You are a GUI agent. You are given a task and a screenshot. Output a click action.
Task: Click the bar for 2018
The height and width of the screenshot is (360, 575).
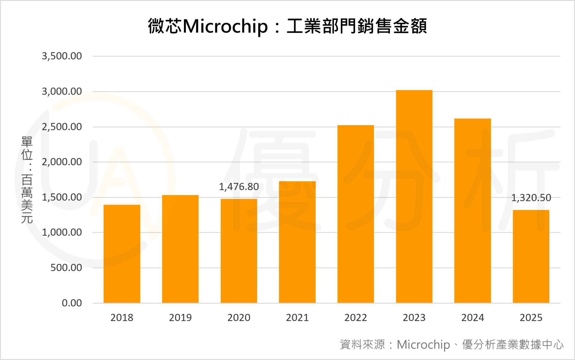(x=122, y=254)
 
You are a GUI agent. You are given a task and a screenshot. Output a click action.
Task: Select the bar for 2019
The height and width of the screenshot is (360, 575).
(x=180, y=249)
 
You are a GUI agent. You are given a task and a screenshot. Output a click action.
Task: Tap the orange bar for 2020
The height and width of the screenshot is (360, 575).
(x=239, y=251)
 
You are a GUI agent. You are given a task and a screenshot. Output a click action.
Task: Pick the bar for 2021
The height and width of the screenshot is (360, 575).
(x=297, y=242)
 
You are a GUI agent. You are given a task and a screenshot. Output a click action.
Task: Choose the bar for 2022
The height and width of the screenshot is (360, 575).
(x=355, y=214)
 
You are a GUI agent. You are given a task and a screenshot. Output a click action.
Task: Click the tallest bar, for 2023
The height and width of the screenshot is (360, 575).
(x=414, y=196)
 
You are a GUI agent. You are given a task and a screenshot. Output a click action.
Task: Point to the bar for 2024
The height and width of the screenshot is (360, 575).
(x=473, y=211)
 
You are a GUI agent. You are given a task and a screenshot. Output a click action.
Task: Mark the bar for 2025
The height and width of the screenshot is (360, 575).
(x=531, y=256)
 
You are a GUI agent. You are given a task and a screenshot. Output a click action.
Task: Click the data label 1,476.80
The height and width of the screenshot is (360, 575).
(x=239, y=187)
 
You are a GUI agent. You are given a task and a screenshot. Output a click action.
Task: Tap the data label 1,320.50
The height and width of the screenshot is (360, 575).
(x=531, y=198)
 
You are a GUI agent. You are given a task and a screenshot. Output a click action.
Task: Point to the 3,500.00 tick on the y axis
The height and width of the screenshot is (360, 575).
(x=62, y=56)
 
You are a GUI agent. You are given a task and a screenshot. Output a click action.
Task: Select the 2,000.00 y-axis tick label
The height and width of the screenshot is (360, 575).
(x=62, y=162)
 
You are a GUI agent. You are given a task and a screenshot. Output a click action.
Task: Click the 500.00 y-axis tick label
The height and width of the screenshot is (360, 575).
(x=66, y=268)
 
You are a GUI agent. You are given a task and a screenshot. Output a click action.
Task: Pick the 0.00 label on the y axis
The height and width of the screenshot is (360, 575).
(x=72, y=303)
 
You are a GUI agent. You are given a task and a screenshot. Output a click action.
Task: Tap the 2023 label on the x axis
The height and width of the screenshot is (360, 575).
(x=414, y=317)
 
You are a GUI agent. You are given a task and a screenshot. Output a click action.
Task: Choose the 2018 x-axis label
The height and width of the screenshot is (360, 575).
(x=122, y=317)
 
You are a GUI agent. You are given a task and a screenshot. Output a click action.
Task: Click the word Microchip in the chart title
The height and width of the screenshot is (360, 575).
(x=225, y=26)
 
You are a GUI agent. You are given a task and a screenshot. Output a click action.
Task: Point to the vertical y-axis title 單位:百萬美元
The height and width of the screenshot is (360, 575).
(x=27, y=180)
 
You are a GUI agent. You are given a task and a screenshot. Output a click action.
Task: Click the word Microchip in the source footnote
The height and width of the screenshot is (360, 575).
(x=423, y=345)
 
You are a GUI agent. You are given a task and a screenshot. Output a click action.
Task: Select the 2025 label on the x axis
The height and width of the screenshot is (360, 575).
(x=531, y=317)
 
